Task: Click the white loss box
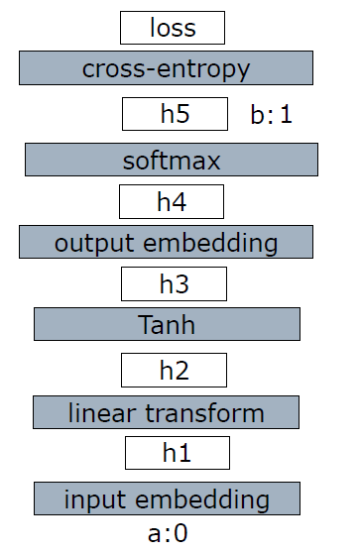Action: pos(172,28)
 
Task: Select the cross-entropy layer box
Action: pos(166,68)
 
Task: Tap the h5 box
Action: pos(174,114)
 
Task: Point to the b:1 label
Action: pos(271,115)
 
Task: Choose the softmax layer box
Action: pos(171,160)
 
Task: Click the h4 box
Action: pos(171,202)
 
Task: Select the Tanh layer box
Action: pos(167,324)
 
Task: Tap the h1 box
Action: pos(177,453)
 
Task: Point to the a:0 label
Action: pos(168,534)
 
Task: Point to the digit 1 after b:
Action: pos(286,115)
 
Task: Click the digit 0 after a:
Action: pos(180,534)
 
